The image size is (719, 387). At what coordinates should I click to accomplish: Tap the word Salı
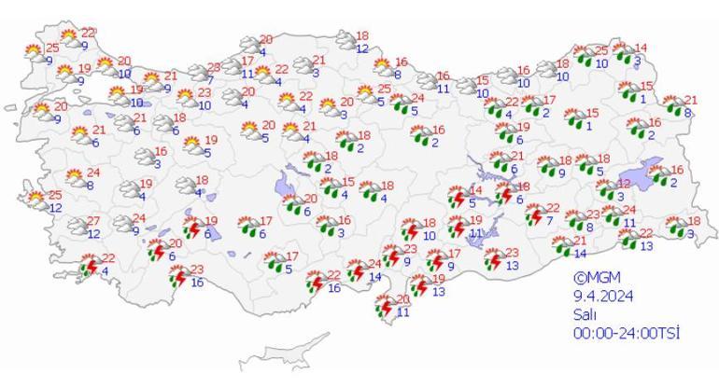coord(585,314)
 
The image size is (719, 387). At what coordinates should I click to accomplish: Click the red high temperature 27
coord(93,221)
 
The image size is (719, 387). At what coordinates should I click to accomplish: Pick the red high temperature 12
coord(623,185)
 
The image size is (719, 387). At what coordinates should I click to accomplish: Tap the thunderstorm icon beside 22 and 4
coord(91,267)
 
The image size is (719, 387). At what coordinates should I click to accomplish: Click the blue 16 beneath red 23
coord(197,283)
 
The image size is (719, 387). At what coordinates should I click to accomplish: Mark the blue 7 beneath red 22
coord(551,220)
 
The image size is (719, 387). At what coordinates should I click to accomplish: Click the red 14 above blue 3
coord(641,48)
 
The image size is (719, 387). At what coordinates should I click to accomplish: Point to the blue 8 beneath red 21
coord(687,113)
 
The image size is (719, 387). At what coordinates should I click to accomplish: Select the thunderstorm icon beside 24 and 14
coord(357,271)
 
